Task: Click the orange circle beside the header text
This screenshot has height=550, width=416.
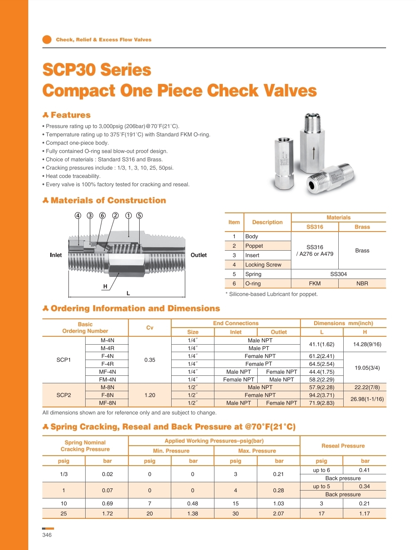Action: coord(47,39)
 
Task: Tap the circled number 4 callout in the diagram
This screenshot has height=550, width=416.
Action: coord(78,215)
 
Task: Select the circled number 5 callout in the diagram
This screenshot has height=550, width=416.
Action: coord(139,215)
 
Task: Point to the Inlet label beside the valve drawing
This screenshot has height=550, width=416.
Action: coord(56,255)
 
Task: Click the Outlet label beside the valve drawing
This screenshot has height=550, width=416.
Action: coord(198,255)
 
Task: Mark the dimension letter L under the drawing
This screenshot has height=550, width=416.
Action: coord(128,293)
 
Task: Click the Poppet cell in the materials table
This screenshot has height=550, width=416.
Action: coord(254,246)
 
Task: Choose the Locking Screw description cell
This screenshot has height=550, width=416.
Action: coord(263,264)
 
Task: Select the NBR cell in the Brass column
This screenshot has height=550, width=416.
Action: coord(362,284)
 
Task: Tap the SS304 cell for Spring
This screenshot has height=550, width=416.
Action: coord(338,274)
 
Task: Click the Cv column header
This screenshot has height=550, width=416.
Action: coord(150,328)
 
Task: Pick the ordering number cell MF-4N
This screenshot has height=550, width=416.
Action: coord(107,372)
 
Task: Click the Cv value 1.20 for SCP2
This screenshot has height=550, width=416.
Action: coord(150,395)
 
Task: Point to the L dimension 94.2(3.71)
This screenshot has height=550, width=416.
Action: coord(321,395)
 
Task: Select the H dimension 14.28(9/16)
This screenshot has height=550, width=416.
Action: coord(367,344)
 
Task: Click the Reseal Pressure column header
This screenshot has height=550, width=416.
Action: coord(343,446)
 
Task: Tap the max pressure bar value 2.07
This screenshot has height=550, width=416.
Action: coord(278,513)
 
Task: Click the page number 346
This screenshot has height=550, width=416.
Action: coord(47,535)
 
